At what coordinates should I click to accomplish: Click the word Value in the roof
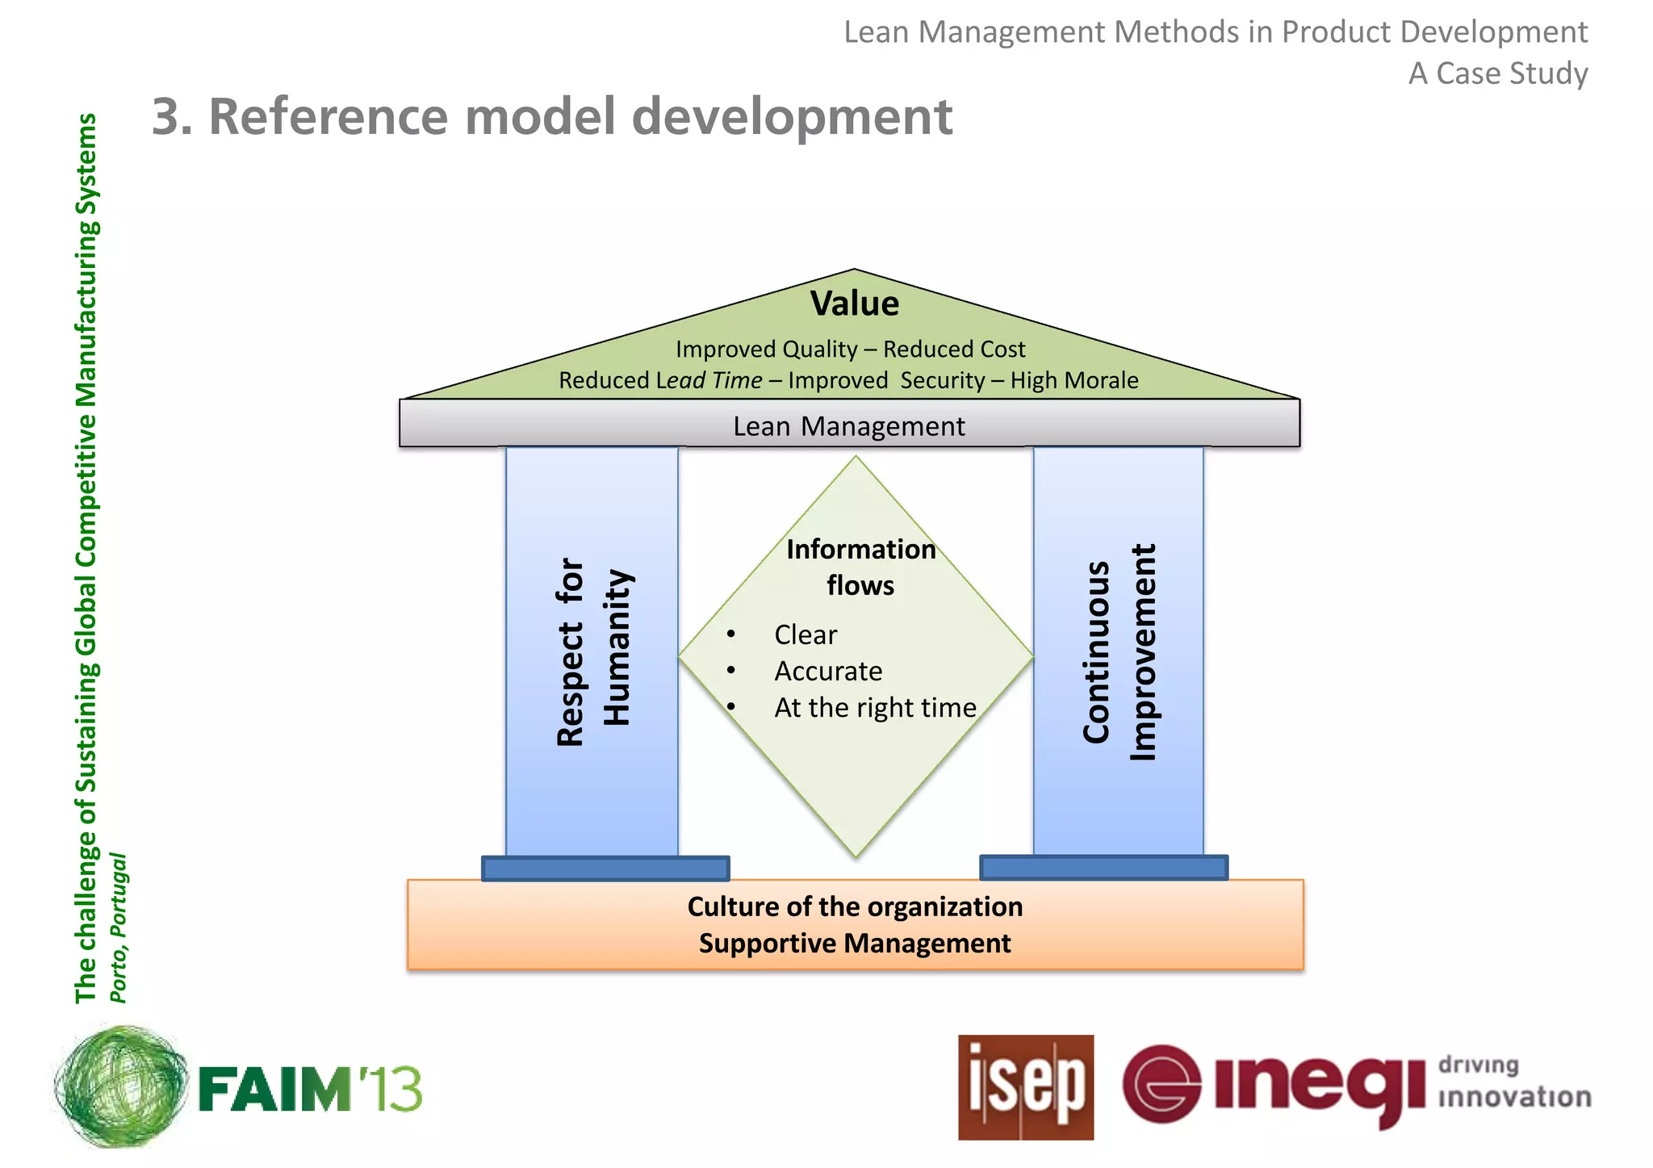click(x=854, y=304)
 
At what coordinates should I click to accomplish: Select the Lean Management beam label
click(x=848, y=426)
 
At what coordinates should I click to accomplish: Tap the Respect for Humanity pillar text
click(x=593, y=651)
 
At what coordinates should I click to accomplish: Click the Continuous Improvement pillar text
click(x=1119, y=651)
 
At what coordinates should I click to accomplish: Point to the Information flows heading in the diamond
click(x=860, y=567)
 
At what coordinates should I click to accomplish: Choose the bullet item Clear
click(x=805, y=634)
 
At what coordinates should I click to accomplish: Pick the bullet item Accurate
click(x=828, y=671)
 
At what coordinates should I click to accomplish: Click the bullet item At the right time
click(x=875, y=708)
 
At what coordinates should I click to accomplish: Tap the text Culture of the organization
click(x=855, y=906)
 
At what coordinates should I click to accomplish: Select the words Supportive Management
click(x=855, y=943)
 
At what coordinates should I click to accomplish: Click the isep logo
click(x=1026, y=1087)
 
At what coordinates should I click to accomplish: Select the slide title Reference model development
click(x=552, y=116)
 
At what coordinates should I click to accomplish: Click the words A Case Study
click(x=1498, y=73)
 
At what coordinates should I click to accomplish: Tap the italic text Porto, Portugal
click(x=118, y=927)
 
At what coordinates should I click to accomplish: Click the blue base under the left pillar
click(x=605, y=869)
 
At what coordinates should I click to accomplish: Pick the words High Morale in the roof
click(x=1074, y=380)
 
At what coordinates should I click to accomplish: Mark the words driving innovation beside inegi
click(x=1513, y=1082)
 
